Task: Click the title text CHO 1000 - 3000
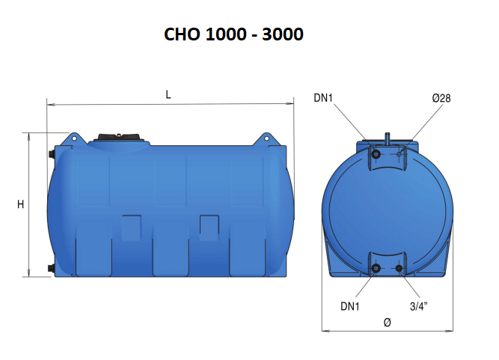(x=233, y=35)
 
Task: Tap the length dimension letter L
(x=168, y=94)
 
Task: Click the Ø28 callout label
(x=441, y=98)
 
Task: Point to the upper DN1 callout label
(x=325, y=98)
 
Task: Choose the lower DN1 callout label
(x=351, y=305)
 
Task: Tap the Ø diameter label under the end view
(x=387, y=323)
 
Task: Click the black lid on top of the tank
(x=120, y=138)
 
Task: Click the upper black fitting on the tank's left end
(x=51, y=155)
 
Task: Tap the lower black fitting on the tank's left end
(x=51, y=267)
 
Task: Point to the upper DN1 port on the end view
(x=376, y=155)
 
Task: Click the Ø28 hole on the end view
(x=399, y=155)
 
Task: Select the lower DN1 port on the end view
(x=376, y=269)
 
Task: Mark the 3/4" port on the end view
(x=399, y=269)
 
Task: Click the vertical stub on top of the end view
(x=388, y=138)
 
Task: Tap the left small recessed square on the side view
(x=132, y=227)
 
